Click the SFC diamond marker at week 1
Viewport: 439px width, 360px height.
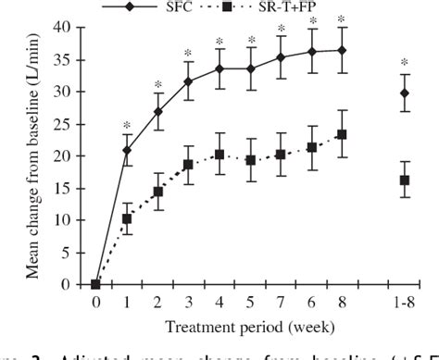pos(127,150)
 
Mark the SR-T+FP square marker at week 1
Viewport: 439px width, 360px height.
pos(127,219)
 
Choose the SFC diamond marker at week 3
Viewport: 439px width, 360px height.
pos(188,81)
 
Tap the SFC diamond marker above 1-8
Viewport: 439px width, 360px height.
pos(405,93)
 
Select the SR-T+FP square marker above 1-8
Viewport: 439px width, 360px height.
pos(405,180)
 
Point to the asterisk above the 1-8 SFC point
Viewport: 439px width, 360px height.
pos(405,63)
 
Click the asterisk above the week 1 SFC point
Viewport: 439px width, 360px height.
pos(127,124)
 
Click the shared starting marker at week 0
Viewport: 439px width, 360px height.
pos(95,284)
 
